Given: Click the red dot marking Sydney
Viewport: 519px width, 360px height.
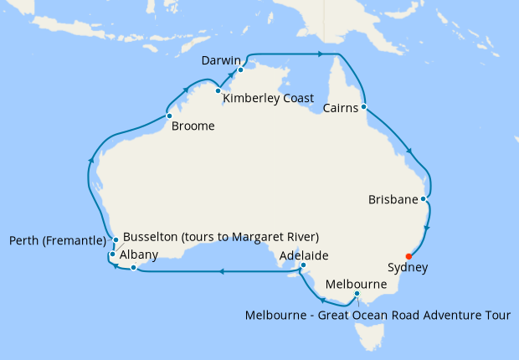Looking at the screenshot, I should pos(409,256).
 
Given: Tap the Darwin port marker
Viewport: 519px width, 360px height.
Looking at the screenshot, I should pos(239,70).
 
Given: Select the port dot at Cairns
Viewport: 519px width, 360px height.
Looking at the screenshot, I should pos(364,107).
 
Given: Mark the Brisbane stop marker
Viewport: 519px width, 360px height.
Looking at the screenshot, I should pos(424,199).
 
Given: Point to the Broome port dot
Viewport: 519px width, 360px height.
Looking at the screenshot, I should pos(169,116).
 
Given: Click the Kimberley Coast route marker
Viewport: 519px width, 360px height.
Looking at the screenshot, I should pos(218,90).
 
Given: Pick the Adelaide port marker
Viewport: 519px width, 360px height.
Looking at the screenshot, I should pos(303,267).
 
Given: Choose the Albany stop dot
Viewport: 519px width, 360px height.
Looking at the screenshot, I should pos(133,268).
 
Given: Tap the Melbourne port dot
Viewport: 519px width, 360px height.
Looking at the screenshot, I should pos(357,294).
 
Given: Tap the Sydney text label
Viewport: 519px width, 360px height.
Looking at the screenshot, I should pos(409,268).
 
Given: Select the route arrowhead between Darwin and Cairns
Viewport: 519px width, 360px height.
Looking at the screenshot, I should pos(320,54).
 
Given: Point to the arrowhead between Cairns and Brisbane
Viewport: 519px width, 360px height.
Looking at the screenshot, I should pos(409,152).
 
